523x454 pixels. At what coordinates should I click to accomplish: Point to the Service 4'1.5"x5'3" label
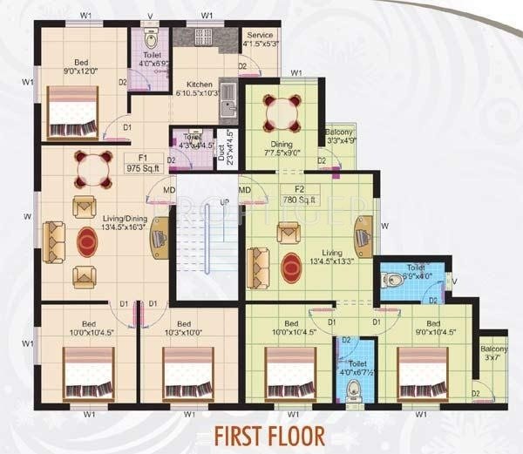click(x=258, y=40)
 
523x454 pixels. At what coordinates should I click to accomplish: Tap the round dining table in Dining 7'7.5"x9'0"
click(x=282, y=111)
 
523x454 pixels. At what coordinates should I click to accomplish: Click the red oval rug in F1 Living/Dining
click(x=89, y=241)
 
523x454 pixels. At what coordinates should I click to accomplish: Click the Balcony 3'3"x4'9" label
click(x=339, y=134)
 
